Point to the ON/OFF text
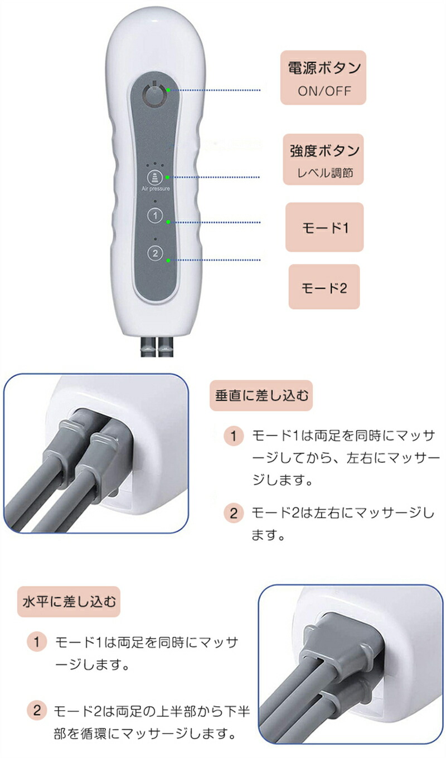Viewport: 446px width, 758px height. [324, 91]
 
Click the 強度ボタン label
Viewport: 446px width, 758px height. [324, 151]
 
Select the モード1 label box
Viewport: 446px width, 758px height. [324, 227]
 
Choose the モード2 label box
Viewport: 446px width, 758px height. [324, 287]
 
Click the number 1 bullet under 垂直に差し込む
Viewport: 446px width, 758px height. [234, 436]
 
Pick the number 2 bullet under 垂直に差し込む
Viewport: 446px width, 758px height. [234, 512]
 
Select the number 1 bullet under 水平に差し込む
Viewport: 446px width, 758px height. [37, 642]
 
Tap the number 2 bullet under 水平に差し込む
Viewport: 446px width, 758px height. [37, 711]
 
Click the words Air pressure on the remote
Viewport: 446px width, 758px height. [156, 189]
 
